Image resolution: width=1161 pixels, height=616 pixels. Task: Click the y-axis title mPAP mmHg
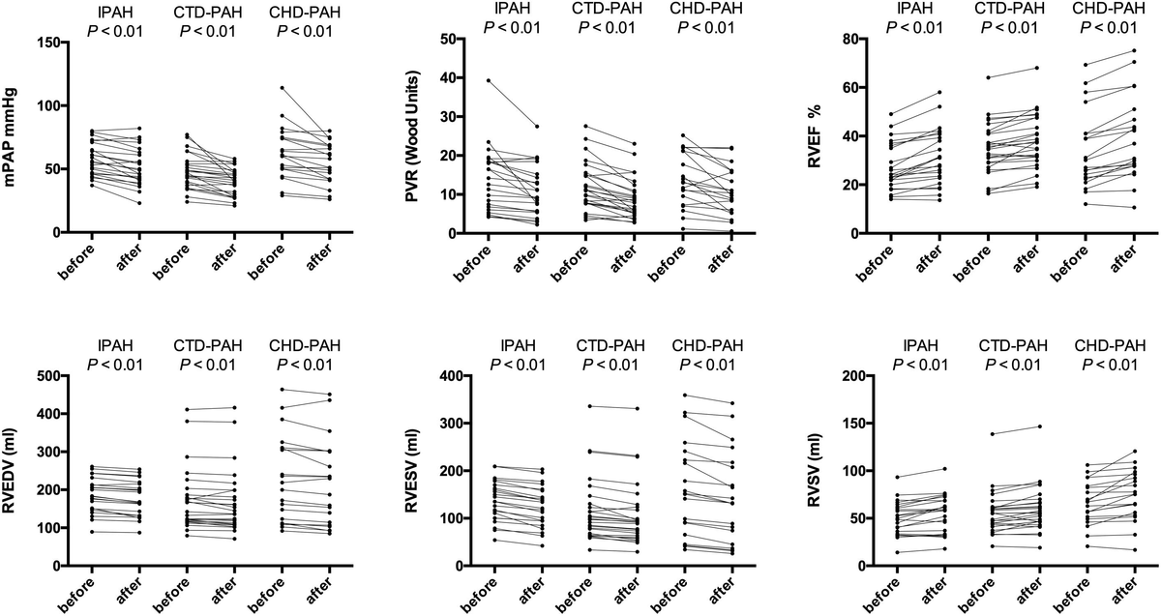click(16, 138)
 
